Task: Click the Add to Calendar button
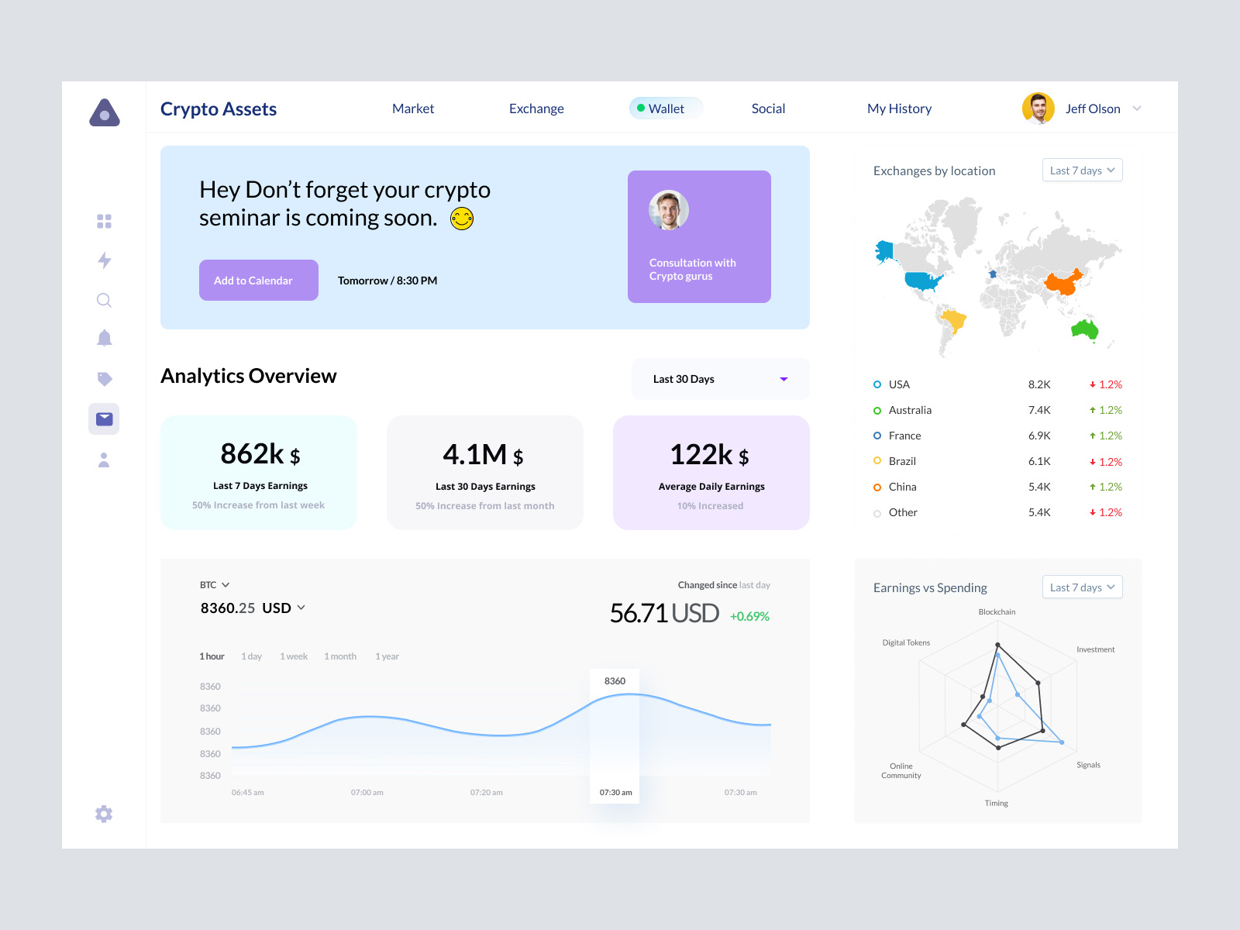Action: [x=258, y=280]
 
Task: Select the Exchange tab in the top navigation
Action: [x=536, y=108]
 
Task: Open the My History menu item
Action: [x=899, y=108]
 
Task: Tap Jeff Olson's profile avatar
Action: [x=1038, y=108]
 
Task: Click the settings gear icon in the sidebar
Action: [x=104, y=814]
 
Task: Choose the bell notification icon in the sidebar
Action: [x=105, y=338]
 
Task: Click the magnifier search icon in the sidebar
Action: [x=104, y=300]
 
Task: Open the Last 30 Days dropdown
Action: [x=720, y=379]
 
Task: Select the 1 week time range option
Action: [x=294, y=656]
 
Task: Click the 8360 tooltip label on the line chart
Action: [x=615, y=681]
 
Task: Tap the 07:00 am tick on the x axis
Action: [x=367, y=793]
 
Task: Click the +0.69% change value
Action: [x=749, y=616]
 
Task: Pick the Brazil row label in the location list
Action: [x=902, y=461]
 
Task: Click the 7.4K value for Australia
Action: [x=1038, y=410]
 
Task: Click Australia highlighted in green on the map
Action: [x=1086, y=330]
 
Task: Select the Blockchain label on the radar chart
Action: [x=997, y=612]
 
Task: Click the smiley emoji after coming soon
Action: [x=462, y=219]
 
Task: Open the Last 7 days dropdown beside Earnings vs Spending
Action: [x=1082, y=587]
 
